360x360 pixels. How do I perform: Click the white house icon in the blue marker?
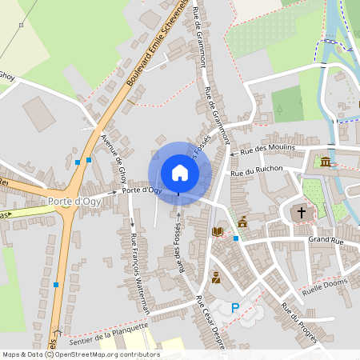[180, 172]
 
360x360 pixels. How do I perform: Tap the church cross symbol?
[302, 213]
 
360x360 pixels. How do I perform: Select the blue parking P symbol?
[235, 308]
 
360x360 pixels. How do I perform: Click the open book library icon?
[217, 232]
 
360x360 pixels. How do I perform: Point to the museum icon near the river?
[325, 162]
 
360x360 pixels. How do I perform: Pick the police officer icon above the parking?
[215, 278]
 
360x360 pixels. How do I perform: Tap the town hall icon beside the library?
[242, 222]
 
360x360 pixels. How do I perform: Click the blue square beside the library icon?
[236, 238]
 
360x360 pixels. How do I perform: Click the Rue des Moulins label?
[268, 148]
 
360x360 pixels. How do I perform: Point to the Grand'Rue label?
[326, 238]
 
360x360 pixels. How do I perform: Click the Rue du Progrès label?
[299, 320]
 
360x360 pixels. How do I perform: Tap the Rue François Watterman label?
[139, 272]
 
